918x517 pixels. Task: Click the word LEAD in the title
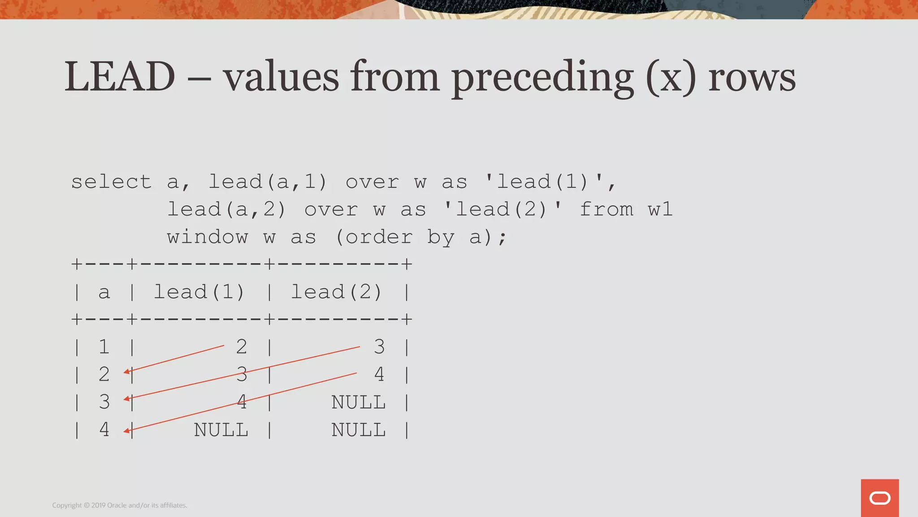tap(120, 77)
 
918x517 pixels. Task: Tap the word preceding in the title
tap(542, 77)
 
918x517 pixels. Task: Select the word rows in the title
tap(752, 78)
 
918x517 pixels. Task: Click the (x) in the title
tap(671, 78)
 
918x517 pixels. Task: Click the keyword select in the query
tap(112, 182)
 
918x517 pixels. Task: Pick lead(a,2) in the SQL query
tap(227, 210)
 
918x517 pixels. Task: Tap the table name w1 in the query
tap(660, 210)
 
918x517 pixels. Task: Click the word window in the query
tap(208, 237)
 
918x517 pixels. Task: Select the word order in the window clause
tap(379, 237)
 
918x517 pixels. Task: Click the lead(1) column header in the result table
tap(199, 292)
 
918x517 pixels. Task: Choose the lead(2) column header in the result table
tap(337, 292)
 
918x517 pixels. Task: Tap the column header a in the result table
tap(104, 292)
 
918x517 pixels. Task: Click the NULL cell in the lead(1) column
tap(221, 430)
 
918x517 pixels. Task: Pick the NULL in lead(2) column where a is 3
tap(359, 403)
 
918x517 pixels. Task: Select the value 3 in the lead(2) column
tap(379, 347)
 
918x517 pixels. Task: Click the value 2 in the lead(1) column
tap(242, 347)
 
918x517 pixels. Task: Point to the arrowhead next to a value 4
tap(127, 431)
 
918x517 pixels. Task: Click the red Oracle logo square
tap(879, 498)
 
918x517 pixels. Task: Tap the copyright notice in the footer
tap(120, 505)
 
